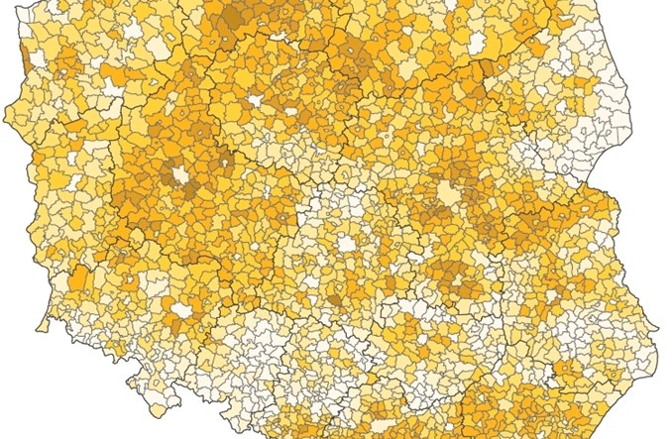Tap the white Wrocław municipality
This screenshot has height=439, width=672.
(x=180, y=309)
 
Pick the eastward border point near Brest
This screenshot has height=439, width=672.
(x=621, y=209)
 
